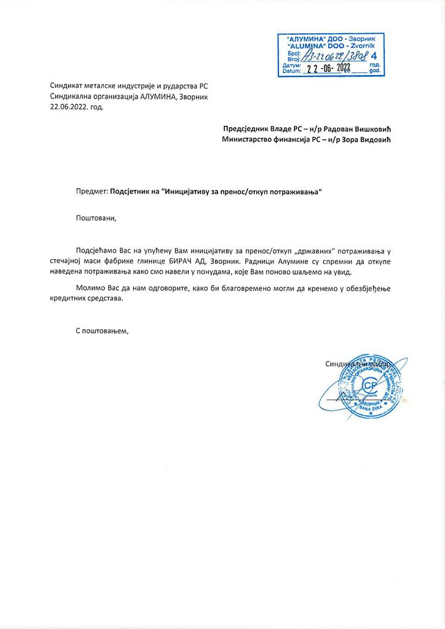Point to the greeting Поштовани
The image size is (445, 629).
[x=95, y=217]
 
